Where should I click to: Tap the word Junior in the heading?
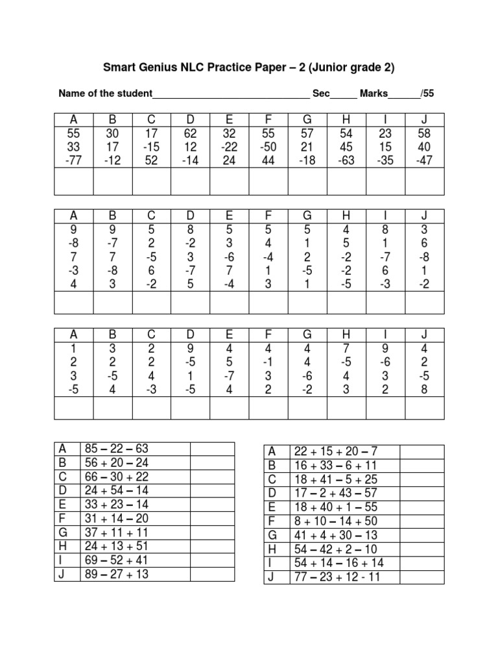(335, 67)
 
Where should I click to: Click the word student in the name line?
(130, 94)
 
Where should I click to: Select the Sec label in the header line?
(321, 94)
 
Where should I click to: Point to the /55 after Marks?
(427, 94)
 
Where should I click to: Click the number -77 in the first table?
(73, 160)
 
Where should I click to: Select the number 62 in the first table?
(191, 133)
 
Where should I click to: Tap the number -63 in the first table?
(346, 160)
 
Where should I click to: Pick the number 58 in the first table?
(424, 133)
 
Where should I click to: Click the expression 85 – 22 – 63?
(113, 449)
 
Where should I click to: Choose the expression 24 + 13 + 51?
(113, 546)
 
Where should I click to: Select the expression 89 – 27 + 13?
(113, 573)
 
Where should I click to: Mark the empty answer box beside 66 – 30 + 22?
(211, 477)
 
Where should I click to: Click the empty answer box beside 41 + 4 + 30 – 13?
(421, 535)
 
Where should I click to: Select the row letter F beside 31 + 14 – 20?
(63, 518)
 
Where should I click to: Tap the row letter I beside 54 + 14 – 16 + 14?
(272, 562)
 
